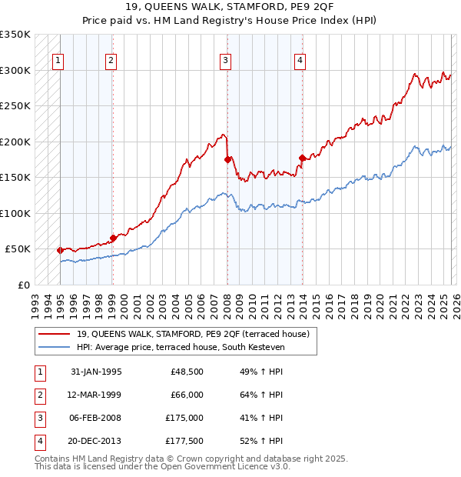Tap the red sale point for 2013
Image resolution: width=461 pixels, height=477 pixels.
pos(302,158)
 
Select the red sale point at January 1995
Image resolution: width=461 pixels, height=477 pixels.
pos(60,250)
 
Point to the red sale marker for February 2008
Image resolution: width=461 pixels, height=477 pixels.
pos(227,159)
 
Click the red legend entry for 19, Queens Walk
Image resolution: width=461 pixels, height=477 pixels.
pos(192,334)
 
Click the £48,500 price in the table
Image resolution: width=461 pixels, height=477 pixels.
pos(186,372)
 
